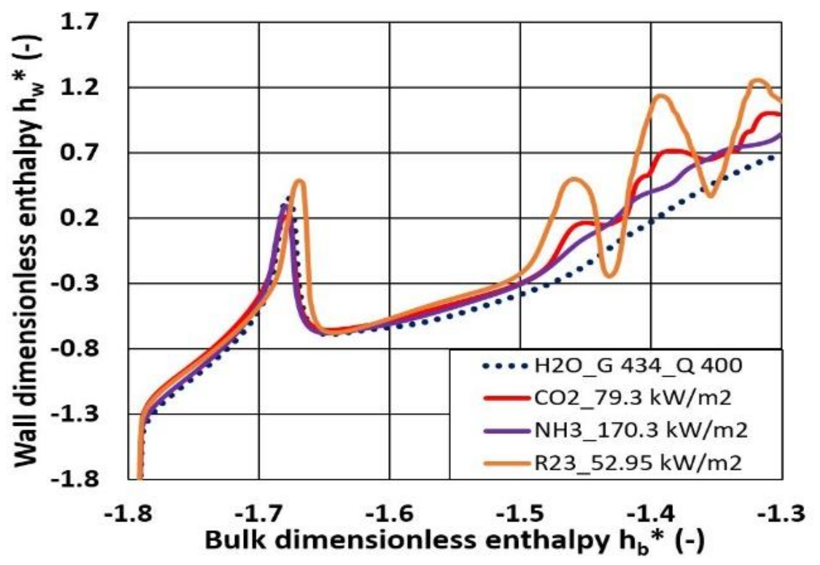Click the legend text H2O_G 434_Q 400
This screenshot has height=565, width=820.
(638, 366)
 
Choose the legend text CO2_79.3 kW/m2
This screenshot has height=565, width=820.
(632, 398)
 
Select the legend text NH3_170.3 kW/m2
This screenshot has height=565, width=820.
(641, 430)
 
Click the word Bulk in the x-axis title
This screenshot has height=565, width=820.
(236, 540)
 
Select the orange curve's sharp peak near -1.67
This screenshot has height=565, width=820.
(300, 181)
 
